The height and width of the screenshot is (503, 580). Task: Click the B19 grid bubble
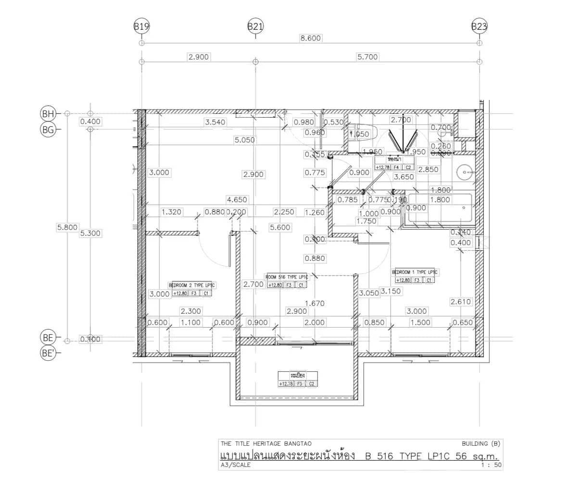[141, 26]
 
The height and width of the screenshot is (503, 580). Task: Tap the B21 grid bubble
[255, 26]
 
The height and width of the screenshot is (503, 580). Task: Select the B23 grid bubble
[479, 26]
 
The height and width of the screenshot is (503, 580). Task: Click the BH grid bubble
[48, 114]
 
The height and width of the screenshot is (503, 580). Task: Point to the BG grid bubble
[48, 129]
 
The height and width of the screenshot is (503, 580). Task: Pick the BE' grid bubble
[48, 353]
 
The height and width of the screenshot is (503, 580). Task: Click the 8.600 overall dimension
[310, 38]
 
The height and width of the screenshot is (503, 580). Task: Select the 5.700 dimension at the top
[367, 57]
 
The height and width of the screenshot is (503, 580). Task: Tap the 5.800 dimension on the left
[67, 227]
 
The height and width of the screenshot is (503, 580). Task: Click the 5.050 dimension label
[245, 140]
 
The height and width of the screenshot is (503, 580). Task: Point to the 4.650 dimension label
[237, 199]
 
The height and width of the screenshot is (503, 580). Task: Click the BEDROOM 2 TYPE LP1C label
[192, 285]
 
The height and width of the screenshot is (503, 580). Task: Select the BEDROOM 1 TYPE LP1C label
[415, 272]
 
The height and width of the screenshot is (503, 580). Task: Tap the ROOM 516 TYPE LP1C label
[287, 277]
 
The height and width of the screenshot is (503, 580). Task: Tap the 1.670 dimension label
[315, 303]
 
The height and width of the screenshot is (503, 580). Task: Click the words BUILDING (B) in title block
[480, 443]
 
